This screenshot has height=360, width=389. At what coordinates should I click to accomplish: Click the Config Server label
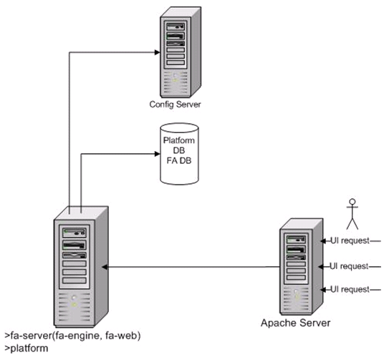(175, 104)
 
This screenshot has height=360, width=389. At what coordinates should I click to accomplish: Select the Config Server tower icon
(181, 52)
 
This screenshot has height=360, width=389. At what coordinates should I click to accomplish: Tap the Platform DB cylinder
(179, 154)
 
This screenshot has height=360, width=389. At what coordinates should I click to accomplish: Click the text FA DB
(179, 160)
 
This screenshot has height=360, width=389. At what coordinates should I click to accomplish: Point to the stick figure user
(352, 214)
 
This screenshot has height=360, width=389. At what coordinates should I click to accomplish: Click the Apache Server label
(295, 323)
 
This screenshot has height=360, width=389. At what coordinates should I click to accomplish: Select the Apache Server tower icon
(302, 267)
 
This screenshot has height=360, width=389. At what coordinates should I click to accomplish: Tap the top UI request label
(350, 240)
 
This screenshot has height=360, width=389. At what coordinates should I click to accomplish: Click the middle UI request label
(349, 266)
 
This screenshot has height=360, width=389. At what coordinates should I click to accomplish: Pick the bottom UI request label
(350, 289)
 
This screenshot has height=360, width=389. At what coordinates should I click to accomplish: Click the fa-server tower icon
(81, 266)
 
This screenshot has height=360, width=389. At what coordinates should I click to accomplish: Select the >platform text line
(27, 349)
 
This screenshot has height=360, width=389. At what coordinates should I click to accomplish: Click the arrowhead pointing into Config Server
(158, 52)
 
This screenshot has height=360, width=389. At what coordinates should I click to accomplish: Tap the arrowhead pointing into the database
(158, 154)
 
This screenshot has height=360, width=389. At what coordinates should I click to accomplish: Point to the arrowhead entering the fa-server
(105, 267)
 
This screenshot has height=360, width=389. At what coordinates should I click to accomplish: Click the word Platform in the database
(179, 140)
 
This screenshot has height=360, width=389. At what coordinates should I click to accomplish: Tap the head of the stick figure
(352, 201)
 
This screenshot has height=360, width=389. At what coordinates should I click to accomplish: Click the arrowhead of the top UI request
(323, 240)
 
